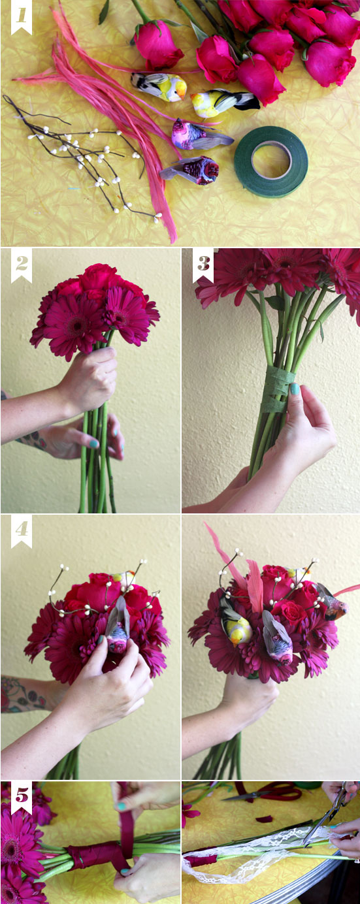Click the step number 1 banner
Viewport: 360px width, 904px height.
22,17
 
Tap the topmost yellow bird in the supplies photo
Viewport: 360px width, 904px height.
159,86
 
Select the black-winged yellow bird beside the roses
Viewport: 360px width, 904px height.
224,103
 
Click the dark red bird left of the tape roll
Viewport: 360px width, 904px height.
191,170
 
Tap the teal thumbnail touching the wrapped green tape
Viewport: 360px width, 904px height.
295,389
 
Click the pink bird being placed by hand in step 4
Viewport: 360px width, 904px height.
118,628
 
